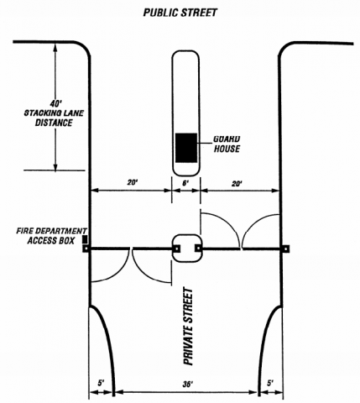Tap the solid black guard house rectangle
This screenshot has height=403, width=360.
185,147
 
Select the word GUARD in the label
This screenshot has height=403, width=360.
227,139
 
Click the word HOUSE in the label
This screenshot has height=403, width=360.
227,149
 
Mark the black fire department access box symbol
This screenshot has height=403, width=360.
83,240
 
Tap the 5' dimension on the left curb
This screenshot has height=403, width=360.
101,384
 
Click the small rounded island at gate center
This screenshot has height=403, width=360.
185,248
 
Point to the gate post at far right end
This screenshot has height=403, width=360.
286,249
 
